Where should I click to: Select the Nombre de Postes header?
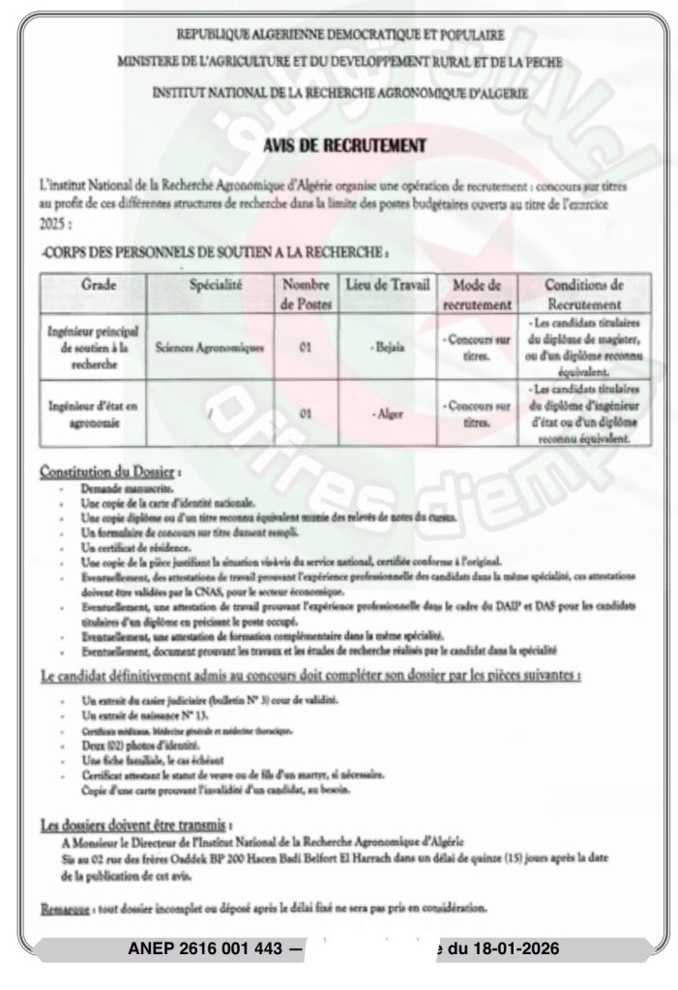tap(306, 294)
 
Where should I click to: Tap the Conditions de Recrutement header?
tap(584, 294)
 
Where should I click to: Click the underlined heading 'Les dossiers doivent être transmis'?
tap(133, 825)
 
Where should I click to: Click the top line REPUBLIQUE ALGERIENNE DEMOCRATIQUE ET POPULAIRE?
tap(339, 36)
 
